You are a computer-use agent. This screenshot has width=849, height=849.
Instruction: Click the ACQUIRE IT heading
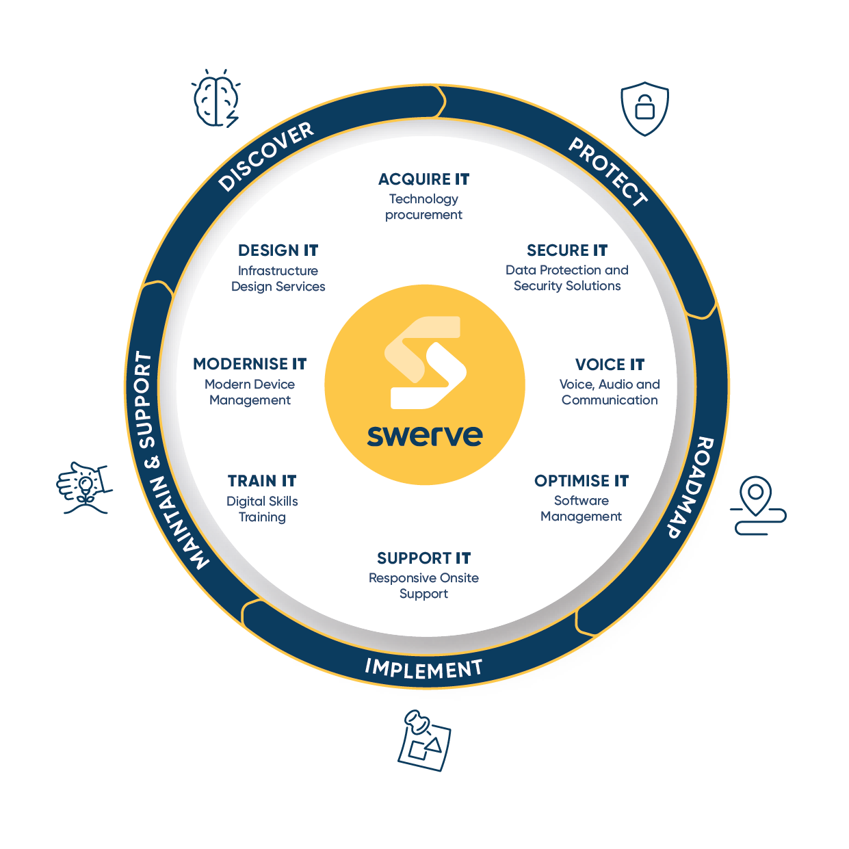[423, 179]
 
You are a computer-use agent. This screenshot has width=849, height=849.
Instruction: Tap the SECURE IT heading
[567, 250]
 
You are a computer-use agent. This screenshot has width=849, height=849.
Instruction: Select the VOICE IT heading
[610, 365]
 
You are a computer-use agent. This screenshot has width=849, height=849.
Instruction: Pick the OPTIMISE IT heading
[582, 481]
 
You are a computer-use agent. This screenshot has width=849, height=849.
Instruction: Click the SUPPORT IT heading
[423, 558]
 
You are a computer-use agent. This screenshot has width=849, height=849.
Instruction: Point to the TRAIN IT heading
[262, 481]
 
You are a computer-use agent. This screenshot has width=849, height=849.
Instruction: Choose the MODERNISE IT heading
[250, 364]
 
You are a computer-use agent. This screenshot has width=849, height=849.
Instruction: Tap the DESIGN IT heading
[278, 250]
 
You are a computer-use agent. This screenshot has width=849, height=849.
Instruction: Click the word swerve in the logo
[425, 435]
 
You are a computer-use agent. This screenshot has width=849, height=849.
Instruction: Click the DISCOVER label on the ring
[266, 157]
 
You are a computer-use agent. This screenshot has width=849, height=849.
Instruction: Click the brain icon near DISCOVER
[216, 98]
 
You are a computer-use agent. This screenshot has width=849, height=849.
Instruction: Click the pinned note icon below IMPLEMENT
[424, 741]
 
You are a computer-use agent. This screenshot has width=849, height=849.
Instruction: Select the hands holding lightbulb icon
[84, 487]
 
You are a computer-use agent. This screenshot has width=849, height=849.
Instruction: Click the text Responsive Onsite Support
[423, 586]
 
